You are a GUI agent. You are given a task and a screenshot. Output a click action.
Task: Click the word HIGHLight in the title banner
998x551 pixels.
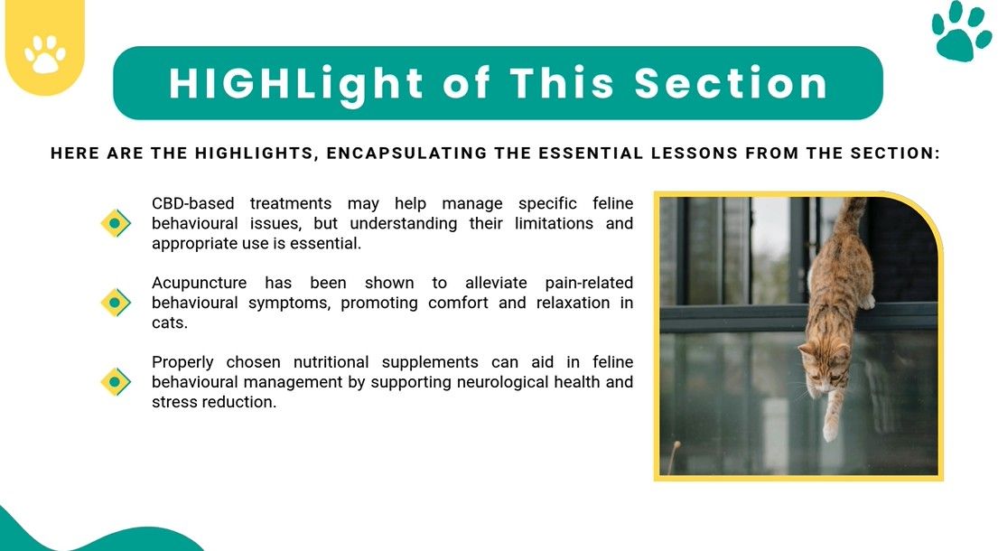point(296,84)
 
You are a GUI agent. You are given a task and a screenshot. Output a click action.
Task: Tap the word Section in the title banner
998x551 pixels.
point(731,83)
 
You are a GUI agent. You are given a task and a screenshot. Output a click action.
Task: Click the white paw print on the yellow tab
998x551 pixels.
point(45,54)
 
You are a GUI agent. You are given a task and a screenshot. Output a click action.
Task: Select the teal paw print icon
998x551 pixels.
point(961,31)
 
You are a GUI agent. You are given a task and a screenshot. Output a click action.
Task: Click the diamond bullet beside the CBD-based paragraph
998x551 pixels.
point(116,223)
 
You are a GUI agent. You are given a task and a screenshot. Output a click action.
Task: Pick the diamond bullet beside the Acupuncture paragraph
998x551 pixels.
point(116,303)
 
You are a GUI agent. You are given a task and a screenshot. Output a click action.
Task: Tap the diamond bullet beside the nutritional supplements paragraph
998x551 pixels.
point(116,382)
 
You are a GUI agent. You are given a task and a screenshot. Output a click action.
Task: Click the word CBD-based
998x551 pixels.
point(193,203)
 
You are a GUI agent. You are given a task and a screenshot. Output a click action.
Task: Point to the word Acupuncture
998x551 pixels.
point(200,283)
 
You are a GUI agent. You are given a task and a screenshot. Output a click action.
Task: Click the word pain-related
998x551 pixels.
point(589,283)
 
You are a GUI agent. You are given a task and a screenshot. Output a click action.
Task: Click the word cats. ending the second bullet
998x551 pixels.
point(169,322)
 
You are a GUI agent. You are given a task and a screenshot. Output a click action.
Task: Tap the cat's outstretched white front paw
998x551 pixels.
point(831,428)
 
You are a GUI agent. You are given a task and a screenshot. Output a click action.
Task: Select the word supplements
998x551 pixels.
point(430,363)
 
